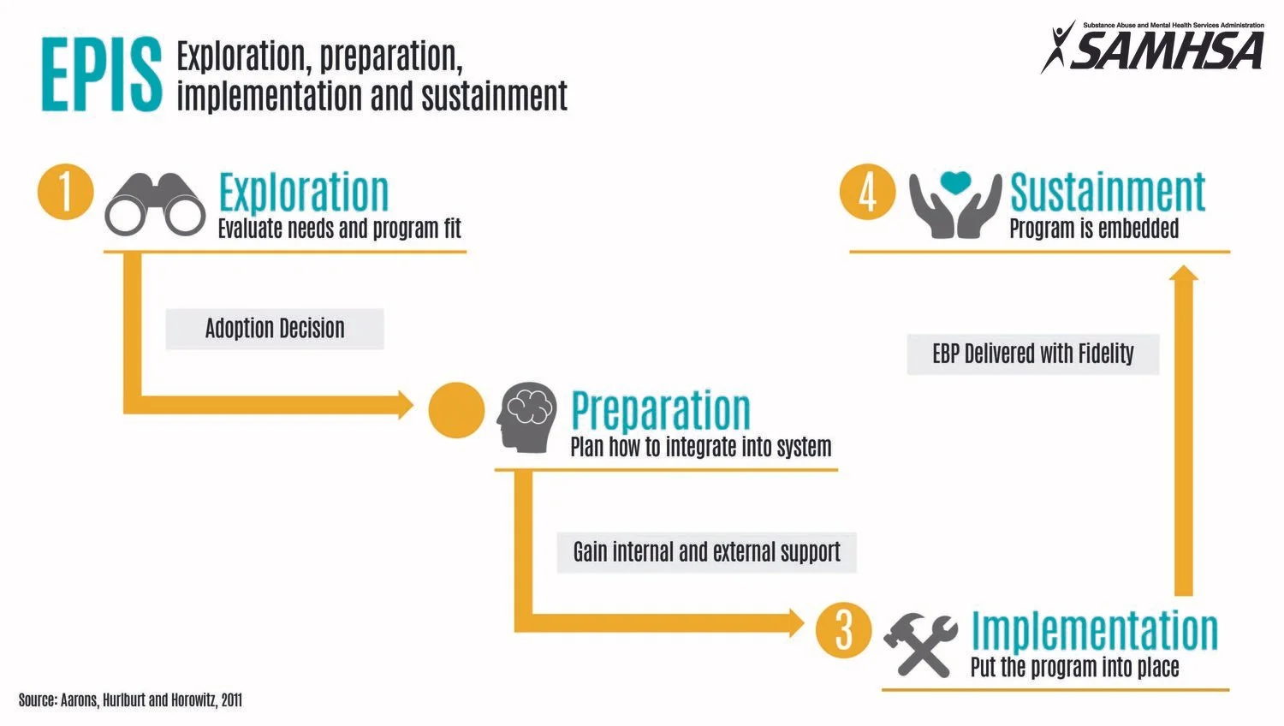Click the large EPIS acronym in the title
pyautogui.click(x=101, y=75)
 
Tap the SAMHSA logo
pyautogui.click(x=1153, y=46)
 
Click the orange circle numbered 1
pyautogui.click(x=65, y=191)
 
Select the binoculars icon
pyautogui.click(x=155, y=204)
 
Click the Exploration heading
pyautogui.click(x=303, y=192)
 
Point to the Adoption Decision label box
pyautogui.click(x=275, y=329)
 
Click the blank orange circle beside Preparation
pyautogui.click(x=456, y=410)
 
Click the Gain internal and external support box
pyautogui.click(x=706, y=552)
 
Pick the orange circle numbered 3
pyautogui.click(x=843, y=630)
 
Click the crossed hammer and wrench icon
pyautogui.click(x=920, y=644)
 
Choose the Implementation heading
pyautogui.click(x=1094, y=630)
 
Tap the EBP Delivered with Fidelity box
pyautogui.click(x=1032, y=354)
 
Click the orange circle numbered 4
pyautogui.click(x=867, y=191)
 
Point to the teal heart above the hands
pyautogui.click(x=954, y=182)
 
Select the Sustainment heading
pyautogui.click(x=1108, y=192)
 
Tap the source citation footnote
pyautogui.click(x=130, y=700)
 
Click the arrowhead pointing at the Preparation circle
pyautogui.click(x=405, y=405)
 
